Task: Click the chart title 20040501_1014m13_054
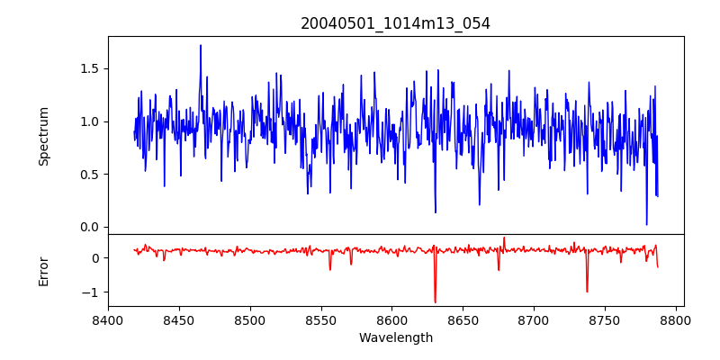tap(396, 23)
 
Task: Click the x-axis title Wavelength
tap(396, 337)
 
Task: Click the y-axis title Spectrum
tap(44, 136)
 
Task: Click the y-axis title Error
tap(44, 270)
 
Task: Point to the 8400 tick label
tap(108, 319)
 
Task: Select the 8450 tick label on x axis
tap(179, 319)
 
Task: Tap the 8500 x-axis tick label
tap(250, 319)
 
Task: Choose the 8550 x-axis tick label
tap(320, 319)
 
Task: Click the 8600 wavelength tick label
tap(391, 319)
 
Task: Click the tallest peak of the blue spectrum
tap(201, 45)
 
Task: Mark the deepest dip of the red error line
tap(435, 302)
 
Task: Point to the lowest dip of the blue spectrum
tap(646, 224)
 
